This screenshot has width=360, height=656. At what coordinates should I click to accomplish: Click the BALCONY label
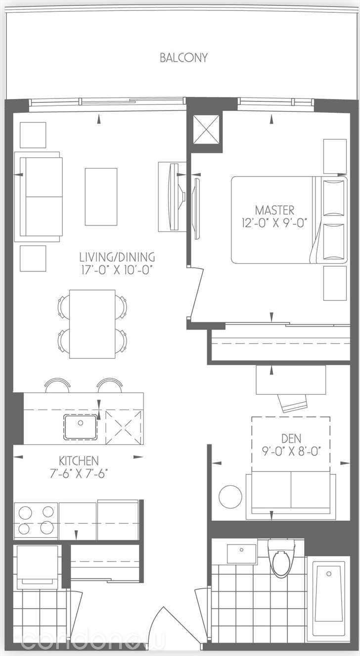click(183, 58)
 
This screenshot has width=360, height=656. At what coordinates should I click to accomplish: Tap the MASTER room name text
click(274, 210)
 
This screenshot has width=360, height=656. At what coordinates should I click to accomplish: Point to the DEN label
click(291, 439)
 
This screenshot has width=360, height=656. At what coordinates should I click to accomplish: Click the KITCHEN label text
click(79, 461)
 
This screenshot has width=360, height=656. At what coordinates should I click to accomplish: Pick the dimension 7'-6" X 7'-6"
click(79, 473)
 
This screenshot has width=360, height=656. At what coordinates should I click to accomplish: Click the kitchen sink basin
click(81, 426)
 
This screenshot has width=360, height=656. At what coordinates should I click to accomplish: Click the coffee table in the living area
click(101, 197)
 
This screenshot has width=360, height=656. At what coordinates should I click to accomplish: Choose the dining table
click(92, 324)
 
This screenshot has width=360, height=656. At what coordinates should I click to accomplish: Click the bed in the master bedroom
click(289, 220)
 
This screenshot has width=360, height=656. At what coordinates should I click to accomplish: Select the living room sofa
click(39, 197)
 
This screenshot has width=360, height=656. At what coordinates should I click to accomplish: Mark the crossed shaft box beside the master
click(207, 130)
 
